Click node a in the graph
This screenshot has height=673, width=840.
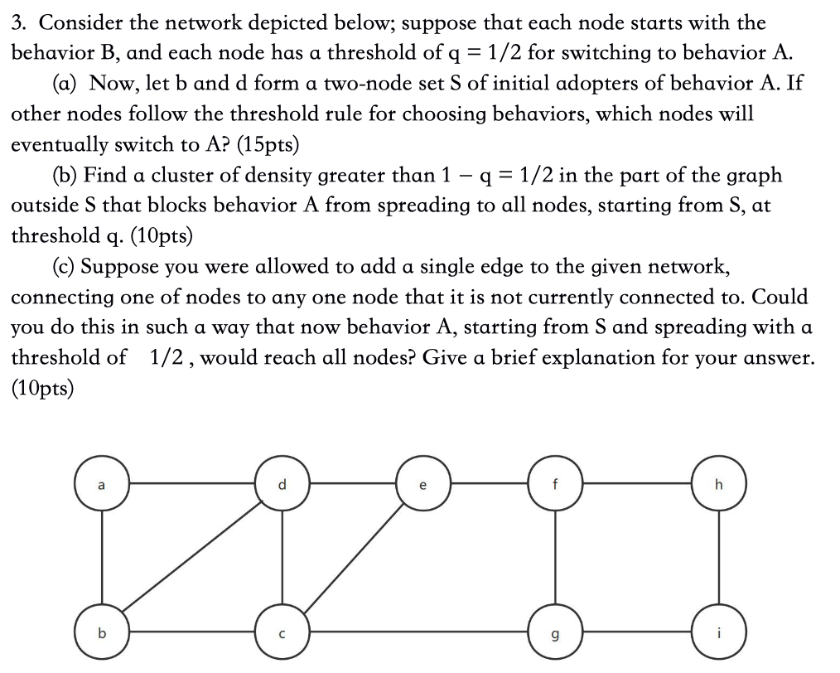(x=102, y=484)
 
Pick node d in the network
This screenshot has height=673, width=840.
(x=282, y=484)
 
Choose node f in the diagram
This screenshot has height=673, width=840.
(x=555, y=484)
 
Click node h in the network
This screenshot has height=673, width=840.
(x=719, y=484)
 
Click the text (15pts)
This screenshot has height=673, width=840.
(x=268, y=145)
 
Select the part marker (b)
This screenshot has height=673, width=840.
(x=65, y=176)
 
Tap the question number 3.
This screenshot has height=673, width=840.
(x=17, y=23)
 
